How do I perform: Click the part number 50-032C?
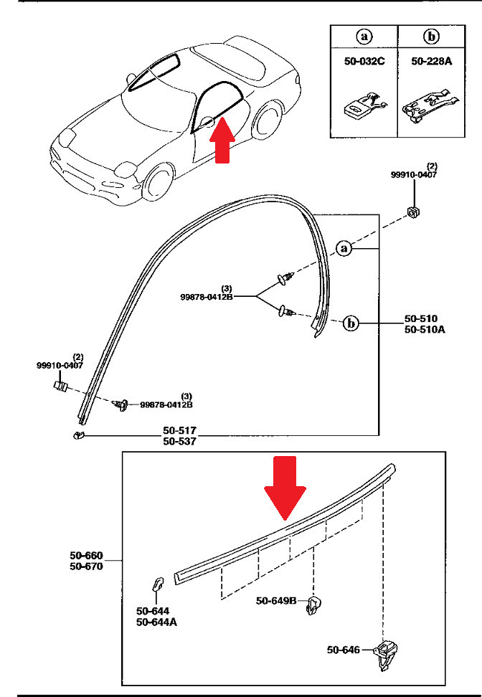click(364, 61)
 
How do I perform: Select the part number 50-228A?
click(431, 61)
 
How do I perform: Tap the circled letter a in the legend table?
click(364, 37)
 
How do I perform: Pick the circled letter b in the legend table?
click(431, 37)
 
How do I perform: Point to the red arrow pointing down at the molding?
click(285, 488)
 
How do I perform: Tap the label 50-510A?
click(425, 329)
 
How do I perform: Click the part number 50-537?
click(179, 441)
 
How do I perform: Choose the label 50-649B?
click(276, 600)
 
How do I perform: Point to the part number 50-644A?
click(156, 622)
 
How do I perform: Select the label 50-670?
click(86, 566)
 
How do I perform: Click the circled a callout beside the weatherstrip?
click(344, 248)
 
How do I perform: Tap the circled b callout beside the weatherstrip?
click(351, 323)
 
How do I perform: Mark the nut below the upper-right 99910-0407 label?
click(414, 212)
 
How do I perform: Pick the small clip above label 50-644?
click(157, 584)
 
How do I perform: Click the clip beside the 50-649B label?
click(314, 605)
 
